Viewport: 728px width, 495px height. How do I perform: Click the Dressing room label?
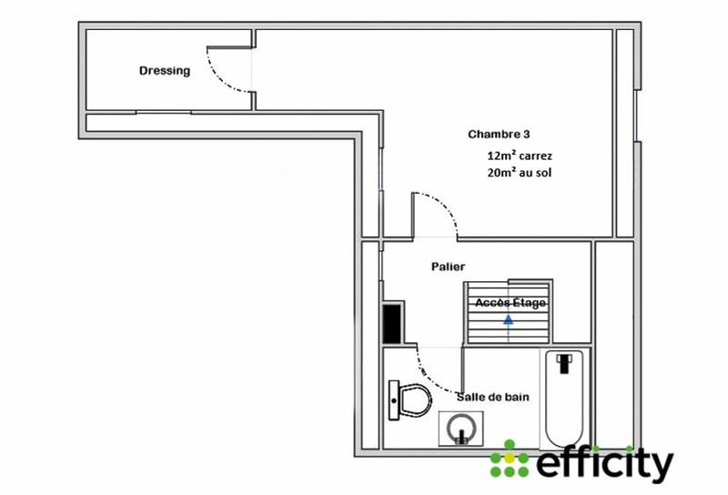click(165, 71)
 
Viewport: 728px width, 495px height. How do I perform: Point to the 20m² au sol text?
click(520, 172)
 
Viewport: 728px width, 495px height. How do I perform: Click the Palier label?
click(448, 267)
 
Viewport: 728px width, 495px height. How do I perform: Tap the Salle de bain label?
click(492, 397)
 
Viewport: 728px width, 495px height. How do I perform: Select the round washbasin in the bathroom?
click(460, 428)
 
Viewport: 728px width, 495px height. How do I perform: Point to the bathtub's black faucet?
click(566, 361)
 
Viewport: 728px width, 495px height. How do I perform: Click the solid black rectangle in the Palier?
click(392, 322)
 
